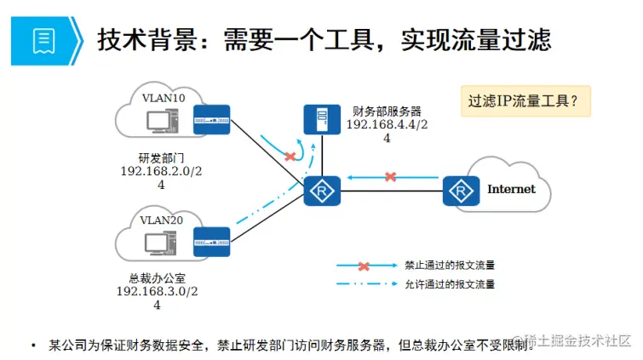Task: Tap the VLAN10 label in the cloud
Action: point(163,98)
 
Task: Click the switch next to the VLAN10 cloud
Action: point(211,121)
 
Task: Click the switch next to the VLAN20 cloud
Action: point(212,242)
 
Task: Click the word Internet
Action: point(511,189)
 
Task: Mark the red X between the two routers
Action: point(390,177)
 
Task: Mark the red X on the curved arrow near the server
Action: point(290,157)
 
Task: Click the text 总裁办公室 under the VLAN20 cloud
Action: point(157,278)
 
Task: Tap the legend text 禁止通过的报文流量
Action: point(450,265)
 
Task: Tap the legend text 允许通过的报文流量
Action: point(450,284)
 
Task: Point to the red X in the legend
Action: point(360,266)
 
